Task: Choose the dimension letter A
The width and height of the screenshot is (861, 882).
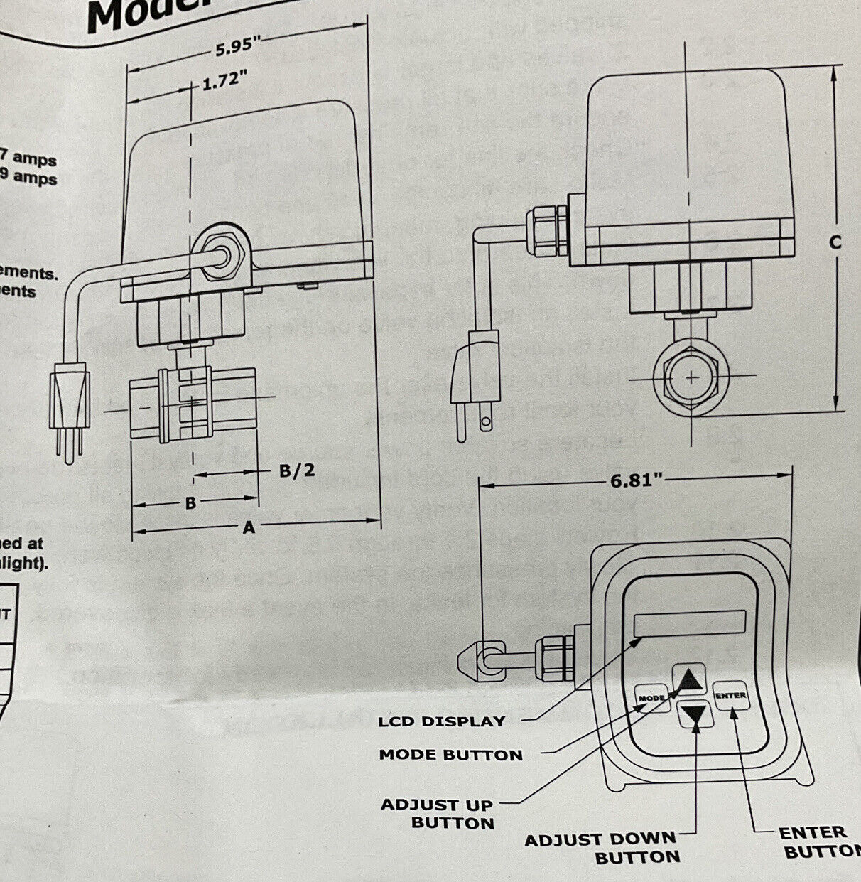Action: click(248, 527)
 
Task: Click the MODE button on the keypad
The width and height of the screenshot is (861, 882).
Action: click(651, 697)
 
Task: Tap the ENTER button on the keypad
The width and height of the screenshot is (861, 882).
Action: click(731, 695)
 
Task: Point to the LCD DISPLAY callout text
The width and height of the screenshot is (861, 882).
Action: click(441, 721)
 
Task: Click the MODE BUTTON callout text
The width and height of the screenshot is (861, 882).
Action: click(450, 754)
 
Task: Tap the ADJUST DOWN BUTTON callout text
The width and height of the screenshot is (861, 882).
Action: click(602, 848)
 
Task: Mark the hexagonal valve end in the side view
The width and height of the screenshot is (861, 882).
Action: click(691, 377)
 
